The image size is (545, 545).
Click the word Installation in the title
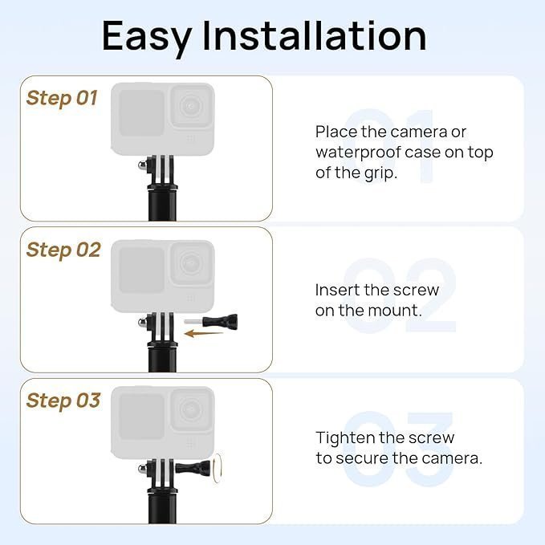pyautogui.click(x=314, y=35)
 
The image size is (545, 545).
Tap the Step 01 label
pyautogui.click(x=62, y=99)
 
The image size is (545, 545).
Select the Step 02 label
pyautogui.click(x=63, y=250)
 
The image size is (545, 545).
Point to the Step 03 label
pyautogui.click(x=63, y=401)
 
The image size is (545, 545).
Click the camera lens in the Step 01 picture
pyautogui.click(x=190, y=107)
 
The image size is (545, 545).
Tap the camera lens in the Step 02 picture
pyautogui.click(x=190, y=263)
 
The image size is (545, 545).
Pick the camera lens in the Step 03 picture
pyautogui.click(x=190, y=409)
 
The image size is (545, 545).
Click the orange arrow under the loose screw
pyautogui.click(x=203, y=334)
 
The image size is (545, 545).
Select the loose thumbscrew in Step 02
pyautogui.click(x=210, y=320)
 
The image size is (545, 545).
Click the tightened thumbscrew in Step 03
pyautogui.click(x=193, y=467)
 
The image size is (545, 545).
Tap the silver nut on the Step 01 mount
pyautogui.click(x=142, y=165)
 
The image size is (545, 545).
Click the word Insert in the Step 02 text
pyautogui.click(x=337, y=290)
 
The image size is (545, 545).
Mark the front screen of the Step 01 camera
pyautogui.click(x=141, y=113)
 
